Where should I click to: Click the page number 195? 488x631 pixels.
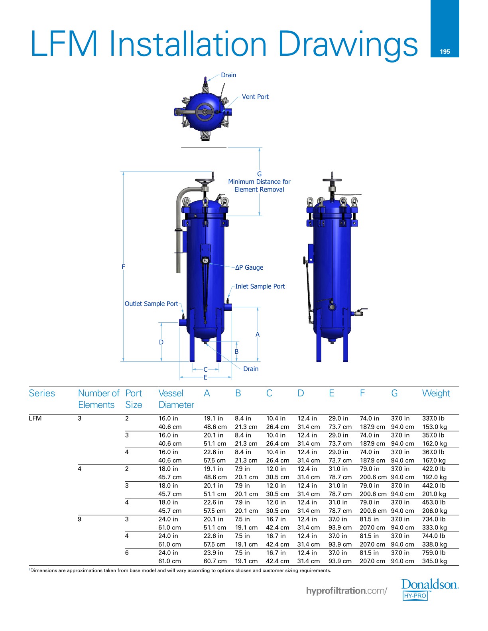click(x=445, y=52)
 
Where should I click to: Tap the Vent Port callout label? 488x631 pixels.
click(x=255, y=97)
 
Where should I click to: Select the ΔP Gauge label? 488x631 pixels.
click(x=249, y=267)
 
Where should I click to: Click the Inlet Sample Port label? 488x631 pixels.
click(x=260, y=286)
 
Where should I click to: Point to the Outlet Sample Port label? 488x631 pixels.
click(x=151, y=304)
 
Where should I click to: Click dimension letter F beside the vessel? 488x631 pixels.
click(x=123, y=267)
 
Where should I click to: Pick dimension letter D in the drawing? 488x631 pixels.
click(x=161, y=342)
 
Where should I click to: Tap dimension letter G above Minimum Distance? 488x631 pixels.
click(x=259, y=174)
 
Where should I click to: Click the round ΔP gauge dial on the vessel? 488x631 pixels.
click(x=205, y=261)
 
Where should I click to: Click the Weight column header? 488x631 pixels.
click(x=436, y=393)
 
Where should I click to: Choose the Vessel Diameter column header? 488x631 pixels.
click(x=176, y=399)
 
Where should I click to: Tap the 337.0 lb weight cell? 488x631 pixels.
click(x=433, y=418)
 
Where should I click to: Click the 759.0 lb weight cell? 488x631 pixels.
click(x=433, y=553)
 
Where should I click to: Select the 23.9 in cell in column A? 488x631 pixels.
click(x=213, y=553)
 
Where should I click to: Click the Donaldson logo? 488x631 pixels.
click(x=429, y=590)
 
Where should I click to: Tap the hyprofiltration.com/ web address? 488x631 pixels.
click(x=346, y=591)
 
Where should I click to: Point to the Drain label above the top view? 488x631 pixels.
click(x=228, y=75)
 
